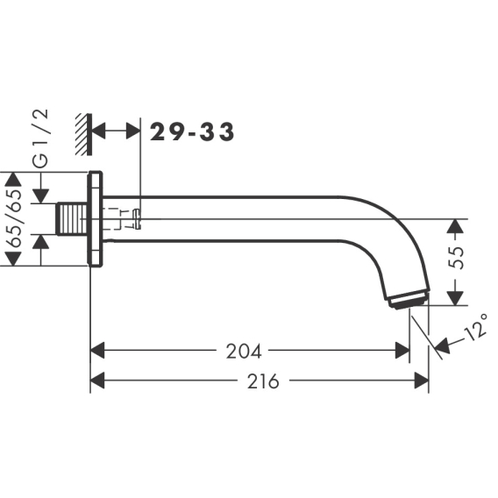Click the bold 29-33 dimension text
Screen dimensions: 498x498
192,132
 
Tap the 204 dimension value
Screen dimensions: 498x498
244,352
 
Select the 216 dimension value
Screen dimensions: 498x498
263,381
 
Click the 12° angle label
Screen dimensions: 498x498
475,327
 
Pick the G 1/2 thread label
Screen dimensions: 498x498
41,139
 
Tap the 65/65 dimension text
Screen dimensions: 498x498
13,218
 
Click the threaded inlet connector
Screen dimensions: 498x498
72,219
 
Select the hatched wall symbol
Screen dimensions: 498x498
84,134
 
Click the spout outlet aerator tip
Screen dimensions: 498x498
409,299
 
